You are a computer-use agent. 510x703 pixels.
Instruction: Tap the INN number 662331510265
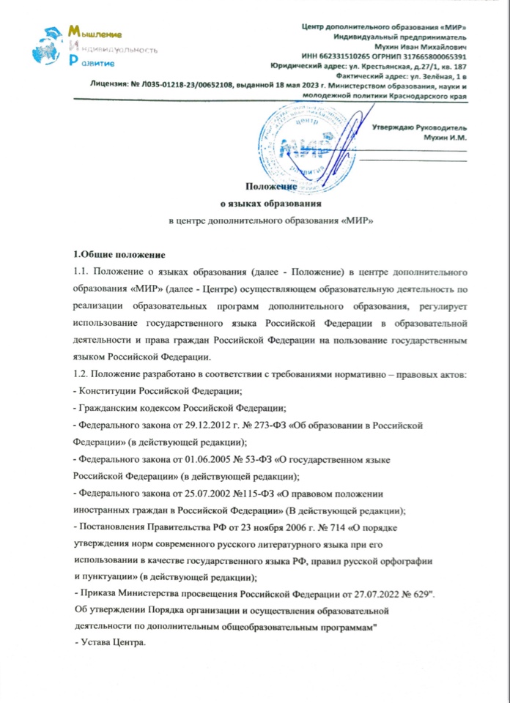click(x=352, y=56)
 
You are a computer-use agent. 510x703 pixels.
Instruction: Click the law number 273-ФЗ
click(x=281, y=423)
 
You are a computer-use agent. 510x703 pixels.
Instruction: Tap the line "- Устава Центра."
click(x=113, y=642)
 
